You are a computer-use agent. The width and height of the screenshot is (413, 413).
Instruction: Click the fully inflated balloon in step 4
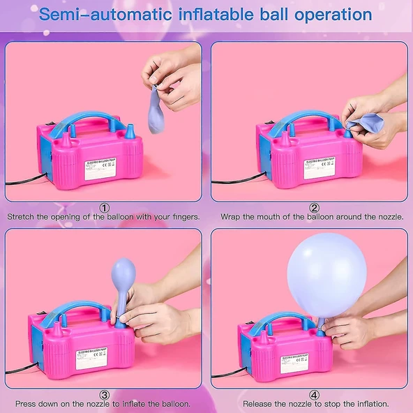(326, 273)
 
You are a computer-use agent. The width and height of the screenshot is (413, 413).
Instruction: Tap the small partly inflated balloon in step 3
(123, 279)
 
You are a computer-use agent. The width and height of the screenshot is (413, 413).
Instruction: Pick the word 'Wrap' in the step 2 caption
(232, 217)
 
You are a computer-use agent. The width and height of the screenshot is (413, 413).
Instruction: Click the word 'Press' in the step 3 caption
(27, 404)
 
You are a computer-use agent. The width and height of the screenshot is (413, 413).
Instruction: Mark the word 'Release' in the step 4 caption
(259, 404)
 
